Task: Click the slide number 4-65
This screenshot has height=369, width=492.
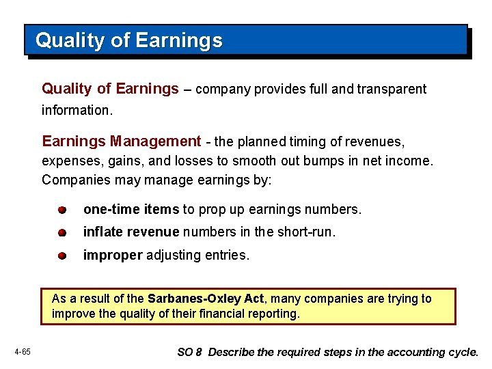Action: pos(21,352)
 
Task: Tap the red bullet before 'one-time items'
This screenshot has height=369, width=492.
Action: pos(61,209)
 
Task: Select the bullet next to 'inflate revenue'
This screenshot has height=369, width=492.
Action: pos(61,232)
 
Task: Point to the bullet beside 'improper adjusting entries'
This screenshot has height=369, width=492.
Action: pos(61,256)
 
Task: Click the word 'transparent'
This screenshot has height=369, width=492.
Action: pos(390,89)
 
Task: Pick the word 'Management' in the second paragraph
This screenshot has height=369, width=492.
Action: pos(156,141)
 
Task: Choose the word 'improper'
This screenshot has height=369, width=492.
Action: pos(113,256)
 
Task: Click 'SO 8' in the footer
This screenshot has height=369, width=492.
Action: pos(189,353)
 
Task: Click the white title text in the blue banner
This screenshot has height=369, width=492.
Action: pos(129,40)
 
